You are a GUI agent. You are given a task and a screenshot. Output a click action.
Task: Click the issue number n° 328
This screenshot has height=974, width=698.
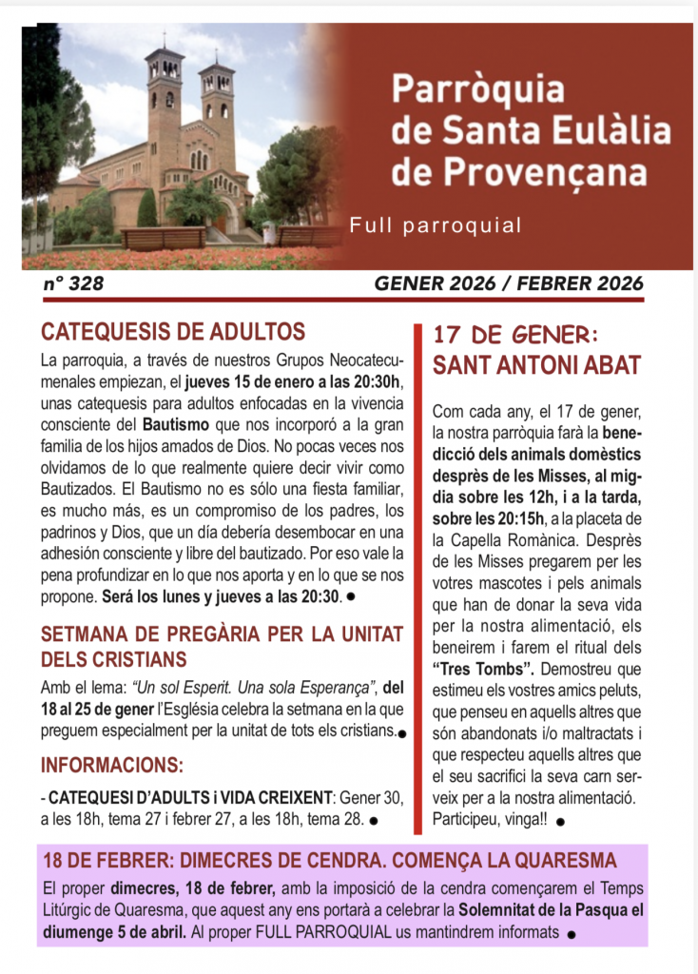[73, 283]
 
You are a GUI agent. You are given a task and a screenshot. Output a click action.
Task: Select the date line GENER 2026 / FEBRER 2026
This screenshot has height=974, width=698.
[509, 283]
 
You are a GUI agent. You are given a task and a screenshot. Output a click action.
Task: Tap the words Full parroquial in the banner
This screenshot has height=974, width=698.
[436, 225]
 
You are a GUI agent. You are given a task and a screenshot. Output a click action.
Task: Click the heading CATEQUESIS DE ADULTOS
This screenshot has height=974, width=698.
[173, 332]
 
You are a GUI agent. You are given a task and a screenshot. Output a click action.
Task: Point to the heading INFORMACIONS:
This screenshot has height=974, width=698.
[112, 764]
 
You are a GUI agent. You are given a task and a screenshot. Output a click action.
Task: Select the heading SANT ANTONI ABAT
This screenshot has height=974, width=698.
[536, 365]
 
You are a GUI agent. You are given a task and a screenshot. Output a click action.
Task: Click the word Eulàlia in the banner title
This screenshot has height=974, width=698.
[607, 130]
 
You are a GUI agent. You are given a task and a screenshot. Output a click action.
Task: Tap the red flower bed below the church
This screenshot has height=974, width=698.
[181, 258]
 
